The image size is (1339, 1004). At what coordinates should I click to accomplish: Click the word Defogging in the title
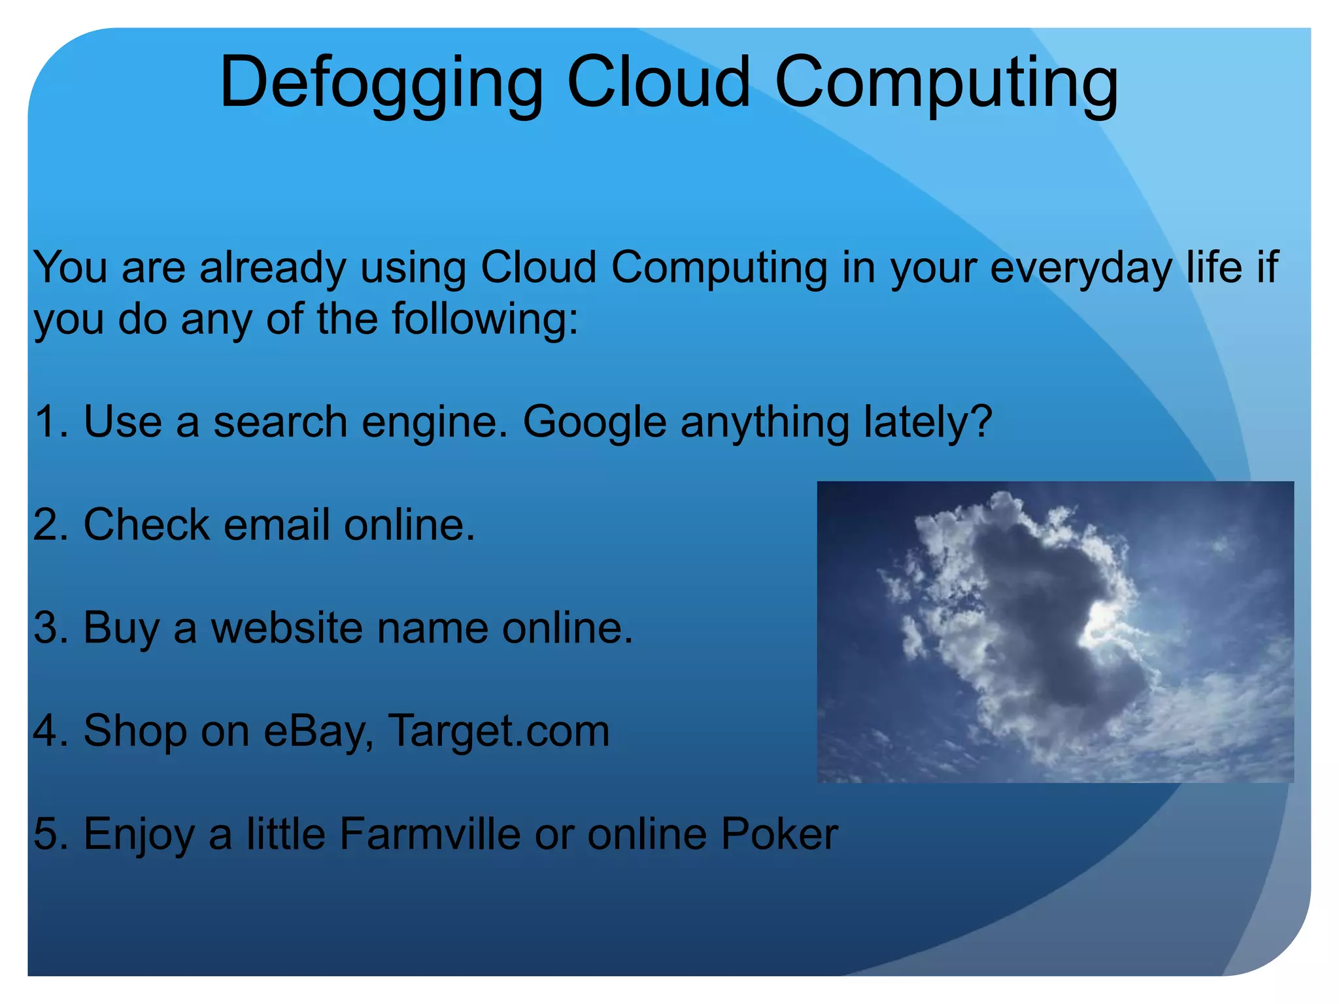tap(381, 84)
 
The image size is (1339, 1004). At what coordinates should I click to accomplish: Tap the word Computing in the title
tap(946, 84)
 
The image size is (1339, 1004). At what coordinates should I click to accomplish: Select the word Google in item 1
tap(594, 422)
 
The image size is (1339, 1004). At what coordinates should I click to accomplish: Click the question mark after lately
tap(980, 420)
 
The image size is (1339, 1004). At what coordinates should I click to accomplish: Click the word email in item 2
tap(276, 525)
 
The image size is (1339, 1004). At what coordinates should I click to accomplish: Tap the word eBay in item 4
tap(318, 731)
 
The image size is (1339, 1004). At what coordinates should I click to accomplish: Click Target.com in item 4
tap(499, 731)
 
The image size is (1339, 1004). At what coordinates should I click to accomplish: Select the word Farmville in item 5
tap(430, 834)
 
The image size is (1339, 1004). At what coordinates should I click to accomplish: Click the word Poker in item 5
tap(779, 834)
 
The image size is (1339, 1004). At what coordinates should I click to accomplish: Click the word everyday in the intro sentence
tap(1081, 268)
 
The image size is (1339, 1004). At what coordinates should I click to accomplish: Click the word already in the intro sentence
tap(273, 268)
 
